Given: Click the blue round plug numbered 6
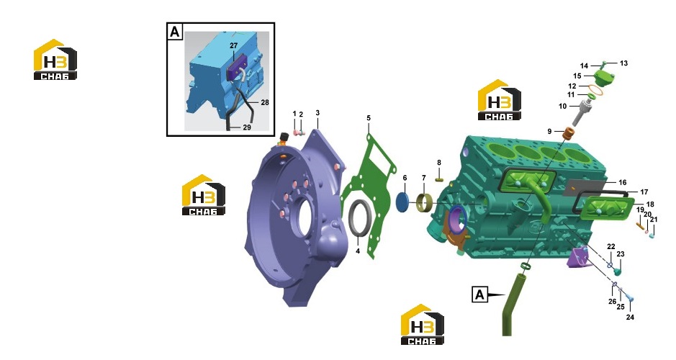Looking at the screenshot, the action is tap(402, 202).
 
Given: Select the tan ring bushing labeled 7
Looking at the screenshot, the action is tap(425, 204).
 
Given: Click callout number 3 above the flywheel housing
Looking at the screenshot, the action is tap(317, 113).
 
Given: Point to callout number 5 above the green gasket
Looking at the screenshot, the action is tap(369, 117).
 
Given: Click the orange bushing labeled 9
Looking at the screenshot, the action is tap(569, 132).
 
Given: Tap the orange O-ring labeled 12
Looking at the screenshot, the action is tap(595, 89).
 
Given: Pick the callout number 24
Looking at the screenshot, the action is tap(630, 318).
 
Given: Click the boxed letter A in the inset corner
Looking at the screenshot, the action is tap(175, 32).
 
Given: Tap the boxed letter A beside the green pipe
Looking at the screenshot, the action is tap(480, 294).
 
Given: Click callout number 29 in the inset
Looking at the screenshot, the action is tap(247, 127).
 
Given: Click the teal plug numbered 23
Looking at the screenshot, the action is tap(618, 271).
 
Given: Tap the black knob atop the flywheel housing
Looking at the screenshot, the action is tap(284, 138).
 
